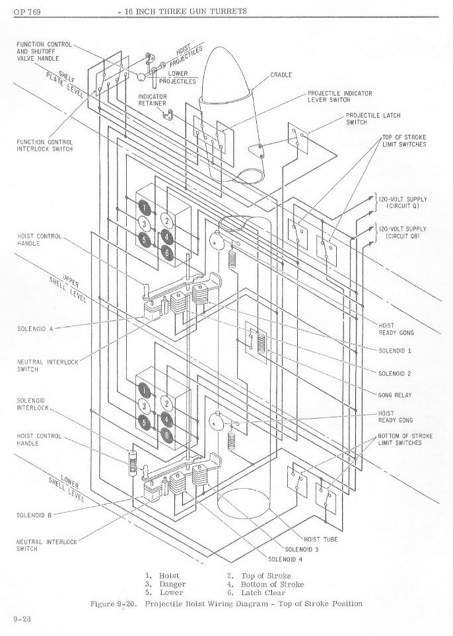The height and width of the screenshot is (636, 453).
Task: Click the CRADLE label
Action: (x=281, y=75)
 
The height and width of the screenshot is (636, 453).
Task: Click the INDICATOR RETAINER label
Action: (x=153, y=100)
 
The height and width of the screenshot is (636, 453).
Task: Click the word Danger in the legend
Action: (x=172, y=584)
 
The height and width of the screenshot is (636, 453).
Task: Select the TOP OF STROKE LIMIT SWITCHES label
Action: (x=403, y=141)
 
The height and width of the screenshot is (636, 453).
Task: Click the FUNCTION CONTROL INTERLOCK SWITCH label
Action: (x=45, y=145)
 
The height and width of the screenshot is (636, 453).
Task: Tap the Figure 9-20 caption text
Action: (x=225, y=604)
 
